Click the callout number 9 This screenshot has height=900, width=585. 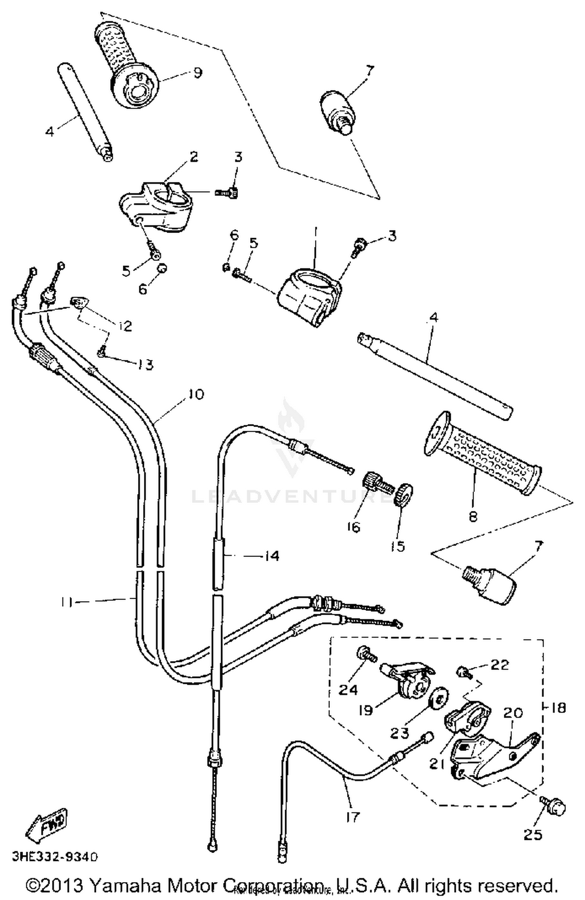(198, 73)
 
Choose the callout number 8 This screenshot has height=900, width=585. (473, 517)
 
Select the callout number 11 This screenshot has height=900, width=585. (67, 602)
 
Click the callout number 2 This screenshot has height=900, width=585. (193, 157)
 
